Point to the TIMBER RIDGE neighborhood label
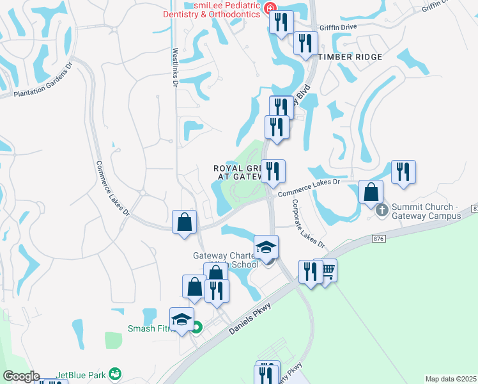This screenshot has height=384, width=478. (x=350, y=57)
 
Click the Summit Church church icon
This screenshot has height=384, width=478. (x=382, y=209)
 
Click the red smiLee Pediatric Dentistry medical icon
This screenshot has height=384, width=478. (x=271, y=8)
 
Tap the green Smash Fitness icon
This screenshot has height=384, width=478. (x=197, y=328)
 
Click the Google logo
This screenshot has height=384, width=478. (x=21, y=376)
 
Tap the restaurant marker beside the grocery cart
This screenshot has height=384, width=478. (x=310, y=272)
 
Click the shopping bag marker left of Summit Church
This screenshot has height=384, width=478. (x=371, y=192)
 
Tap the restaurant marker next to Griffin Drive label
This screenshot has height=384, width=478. (x=305, y=43)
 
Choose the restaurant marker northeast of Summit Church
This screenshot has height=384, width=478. (x=403, y=172)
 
